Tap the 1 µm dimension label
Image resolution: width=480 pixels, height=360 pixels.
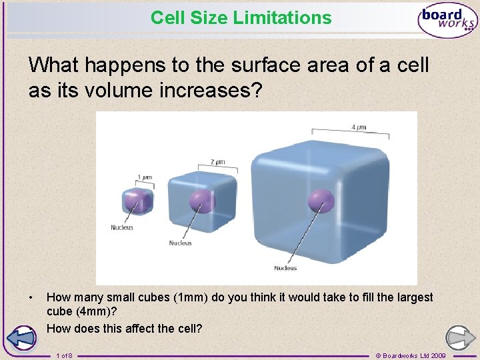pos(144,178)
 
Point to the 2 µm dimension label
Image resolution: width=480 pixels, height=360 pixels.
pos(217,162)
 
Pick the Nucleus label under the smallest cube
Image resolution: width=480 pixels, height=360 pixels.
pos(122,228)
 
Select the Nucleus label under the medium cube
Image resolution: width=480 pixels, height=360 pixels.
pos(180,243)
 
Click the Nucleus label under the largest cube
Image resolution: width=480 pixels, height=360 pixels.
pos(285,268)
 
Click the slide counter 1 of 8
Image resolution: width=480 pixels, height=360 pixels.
pos(65,355)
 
